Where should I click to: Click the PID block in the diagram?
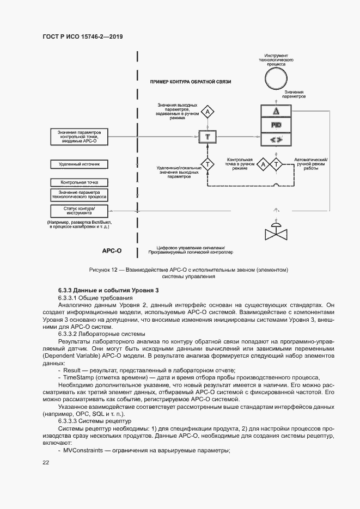[x=276, y=125]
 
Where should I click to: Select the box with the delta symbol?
[x=276, y=111]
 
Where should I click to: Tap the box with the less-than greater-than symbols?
[x=276, y=139]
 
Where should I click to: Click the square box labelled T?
[x=207, y=136]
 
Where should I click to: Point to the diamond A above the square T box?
[x=207, y=113]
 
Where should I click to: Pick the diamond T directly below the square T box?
[x=207, y=163]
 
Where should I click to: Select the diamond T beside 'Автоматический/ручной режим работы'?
[x=276, y=164]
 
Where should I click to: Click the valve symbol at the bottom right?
[x=276, y=231]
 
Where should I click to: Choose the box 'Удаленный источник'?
[x=80, y=163]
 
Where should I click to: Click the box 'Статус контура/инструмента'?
[x=80, y=211]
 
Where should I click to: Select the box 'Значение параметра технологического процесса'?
[x=80, y=195]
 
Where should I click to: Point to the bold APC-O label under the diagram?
[x=111, y=252]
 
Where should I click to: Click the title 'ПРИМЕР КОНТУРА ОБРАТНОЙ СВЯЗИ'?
[x=191, y=82]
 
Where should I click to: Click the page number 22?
[x=46, y=462]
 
